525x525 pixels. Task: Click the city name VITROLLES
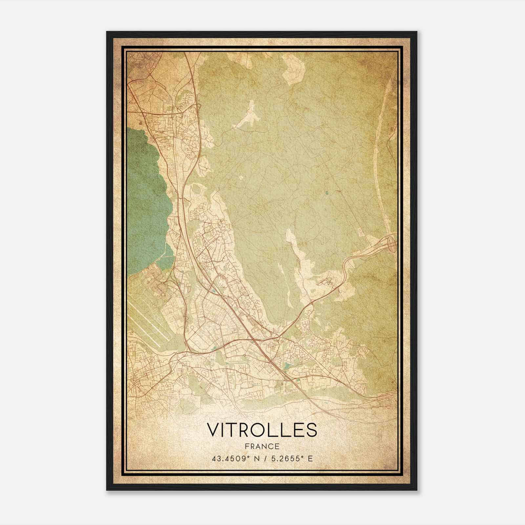[262, 430]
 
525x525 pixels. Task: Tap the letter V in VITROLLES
[213, 430]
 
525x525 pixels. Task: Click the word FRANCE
[262, 447]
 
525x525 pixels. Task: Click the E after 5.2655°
[310, 458]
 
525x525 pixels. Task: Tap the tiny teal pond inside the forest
[327, 193]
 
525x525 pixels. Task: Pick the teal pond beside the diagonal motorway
[287, 365]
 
